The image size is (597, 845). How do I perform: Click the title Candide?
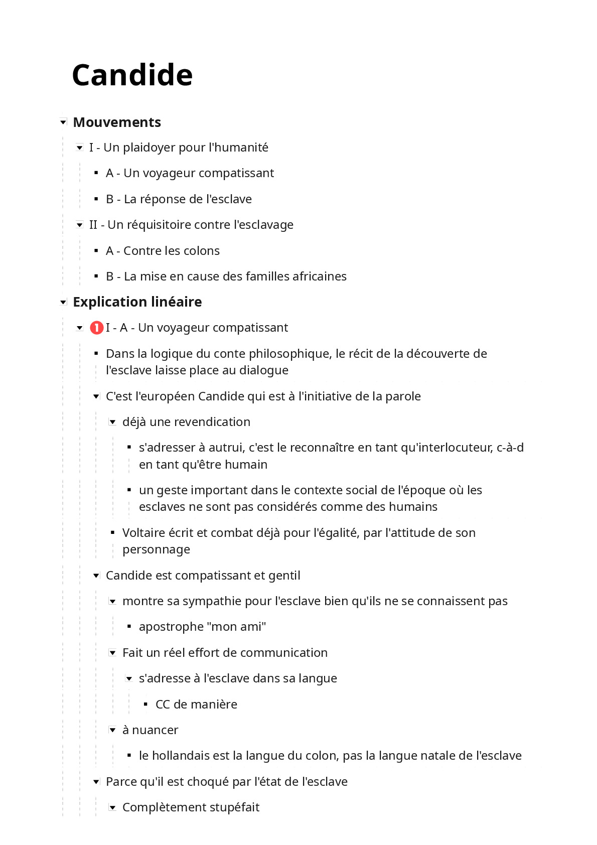(x=132, y=75)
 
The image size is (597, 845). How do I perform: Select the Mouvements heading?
(x=117, y=122)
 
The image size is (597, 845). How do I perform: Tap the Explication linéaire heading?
(x=137, y=302)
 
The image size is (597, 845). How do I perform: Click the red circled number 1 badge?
(x=96, y=328)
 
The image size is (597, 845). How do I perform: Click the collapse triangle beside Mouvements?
(x=63, y=122)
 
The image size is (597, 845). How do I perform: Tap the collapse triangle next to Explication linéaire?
(x=63, y=302)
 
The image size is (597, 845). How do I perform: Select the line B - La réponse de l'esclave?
(x=179, y=199)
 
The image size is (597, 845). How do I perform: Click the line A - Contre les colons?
(x=163, y=251)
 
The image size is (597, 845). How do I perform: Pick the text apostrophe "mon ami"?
(x=202, y=627)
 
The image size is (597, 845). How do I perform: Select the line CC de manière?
(x=196, y=705)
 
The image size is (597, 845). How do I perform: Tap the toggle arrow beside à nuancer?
(x=113, y=730)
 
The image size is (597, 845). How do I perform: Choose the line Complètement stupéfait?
(x=191, y=807)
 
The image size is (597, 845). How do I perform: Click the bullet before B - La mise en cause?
(x=96, y=276)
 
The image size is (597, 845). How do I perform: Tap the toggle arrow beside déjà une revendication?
(x=113, y=422)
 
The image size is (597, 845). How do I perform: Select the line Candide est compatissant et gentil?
(x=203, y=576)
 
